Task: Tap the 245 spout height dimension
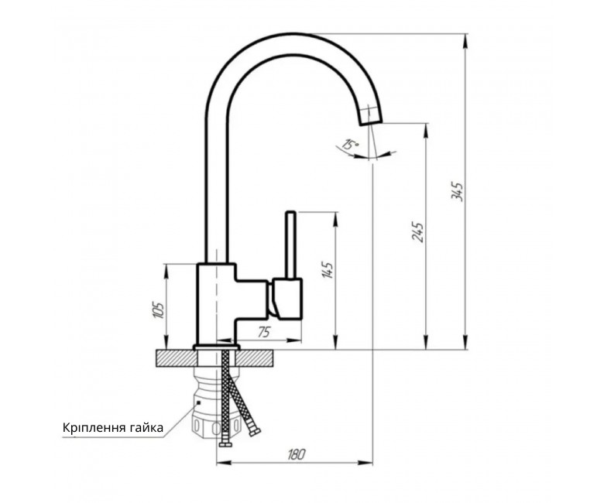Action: click(417, 231)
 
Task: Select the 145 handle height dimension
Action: click(328, 270)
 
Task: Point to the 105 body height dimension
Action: click(159, 310)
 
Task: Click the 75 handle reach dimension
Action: click(264, 332)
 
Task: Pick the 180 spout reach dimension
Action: click(297, 454)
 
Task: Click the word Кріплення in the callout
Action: click(93, 428)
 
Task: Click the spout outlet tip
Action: click(372, 122)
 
